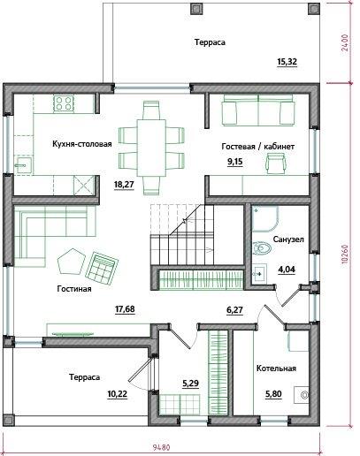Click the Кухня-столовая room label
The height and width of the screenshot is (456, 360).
pos(82,144)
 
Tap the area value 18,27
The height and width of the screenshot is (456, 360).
pos(124,185)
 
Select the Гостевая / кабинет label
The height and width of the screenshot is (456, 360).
pos(258,147)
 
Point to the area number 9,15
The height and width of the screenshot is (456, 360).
pos(235,162)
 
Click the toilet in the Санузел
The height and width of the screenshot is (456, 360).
pos(262,247)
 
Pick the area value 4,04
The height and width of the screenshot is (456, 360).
pos(287,270)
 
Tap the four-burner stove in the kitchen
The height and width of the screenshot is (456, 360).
pos(64,103)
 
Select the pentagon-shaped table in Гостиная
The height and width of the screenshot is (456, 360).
pos(72,261)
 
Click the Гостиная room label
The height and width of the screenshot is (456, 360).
pos(74,289)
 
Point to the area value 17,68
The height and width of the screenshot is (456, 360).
pos(125,309)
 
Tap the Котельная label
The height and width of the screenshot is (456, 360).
pos(276,369)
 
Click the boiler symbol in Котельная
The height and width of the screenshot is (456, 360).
pos(302,395)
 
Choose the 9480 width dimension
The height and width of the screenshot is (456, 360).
pos(162,448)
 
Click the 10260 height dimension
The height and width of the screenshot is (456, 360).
pos(346,255)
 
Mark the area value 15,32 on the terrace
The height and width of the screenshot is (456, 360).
pos(287,62)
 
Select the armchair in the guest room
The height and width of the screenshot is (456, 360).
pos(276,164)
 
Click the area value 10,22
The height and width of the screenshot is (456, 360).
pos(118,394)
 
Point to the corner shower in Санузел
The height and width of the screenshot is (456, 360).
pos(265,219)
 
